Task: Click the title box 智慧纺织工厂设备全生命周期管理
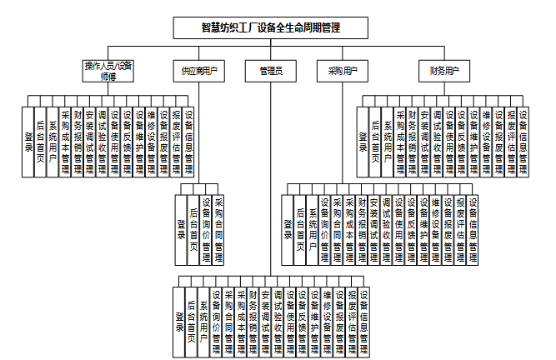click(x=272, y=27)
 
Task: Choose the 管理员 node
click(x=271, y=72)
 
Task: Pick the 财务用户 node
click(x=445, y=72)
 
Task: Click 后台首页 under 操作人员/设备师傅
click(x=40, y=142)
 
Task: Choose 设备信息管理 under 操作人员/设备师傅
click(x=189, y=142)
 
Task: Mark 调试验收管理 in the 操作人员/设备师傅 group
click(x=102, y=142)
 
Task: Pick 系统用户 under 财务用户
click(x=388, y=142)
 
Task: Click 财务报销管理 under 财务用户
click(x=412, y=142)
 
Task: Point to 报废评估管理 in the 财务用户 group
click(x=511, y=142)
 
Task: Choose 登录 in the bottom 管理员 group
click(x=179, y=321)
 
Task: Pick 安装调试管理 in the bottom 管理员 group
click(x=265, y=321)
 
